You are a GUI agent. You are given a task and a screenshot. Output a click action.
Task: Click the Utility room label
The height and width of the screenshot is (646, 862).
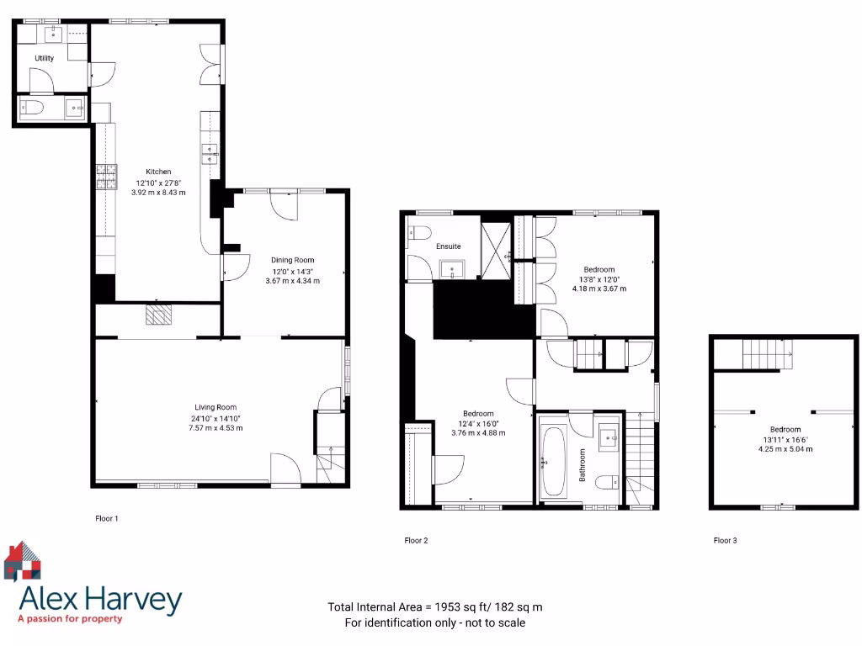[x=44, y=58]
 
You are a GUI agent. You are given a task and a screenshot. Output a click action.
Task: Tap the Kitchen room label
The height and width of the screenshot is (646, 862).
[x=158, y=172]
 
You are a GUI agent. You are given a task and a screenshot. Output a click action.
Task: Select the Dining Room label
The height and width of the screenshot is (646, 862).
[x=293, y=260]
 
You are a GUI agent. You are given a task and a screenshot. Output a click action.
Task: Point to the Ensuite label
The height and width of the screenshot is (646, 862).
[x=448, y=246]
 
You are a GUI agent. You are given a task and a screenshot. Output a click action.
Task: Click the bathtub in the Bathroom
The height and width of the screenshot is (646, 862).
[x=553, y=462]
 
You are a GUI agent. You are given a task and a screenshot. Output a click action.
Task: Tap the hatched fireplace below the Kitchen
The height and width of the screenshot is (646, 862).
[x=157, y=315]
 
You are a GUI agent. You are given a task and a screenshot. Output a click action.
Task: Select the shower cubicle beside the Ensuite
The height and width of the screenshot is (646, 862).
[x=496, y=245]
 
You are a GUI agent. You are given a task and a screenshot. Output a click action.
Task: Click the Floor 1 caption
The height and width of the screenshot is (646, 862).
[x=107, y=519]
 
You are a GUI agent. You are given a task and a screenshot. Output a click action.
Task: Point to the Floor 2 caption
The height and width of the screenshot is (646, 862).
[x=416, y=541]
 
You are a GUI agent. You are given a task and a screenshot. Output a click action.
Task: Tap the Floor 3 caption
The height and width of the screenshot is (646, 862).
[x=725, y=541]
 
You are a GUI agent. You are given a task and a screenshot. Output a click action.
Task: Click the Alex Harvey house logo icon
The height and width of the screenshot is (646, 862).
[x=23, y=562]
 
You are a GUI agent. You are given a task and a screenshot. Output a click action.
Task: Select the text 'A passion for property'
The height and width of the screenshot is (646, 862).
[x=70, y=619]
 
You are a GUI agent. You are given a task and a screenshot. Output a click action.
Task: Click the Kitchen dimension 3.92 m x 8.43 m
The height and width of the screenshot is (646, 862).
[x=158, y=193]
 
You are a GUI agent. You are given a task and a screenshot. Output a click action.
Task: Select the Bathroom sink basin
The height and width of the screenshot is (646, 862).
[x=609, y=436]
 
